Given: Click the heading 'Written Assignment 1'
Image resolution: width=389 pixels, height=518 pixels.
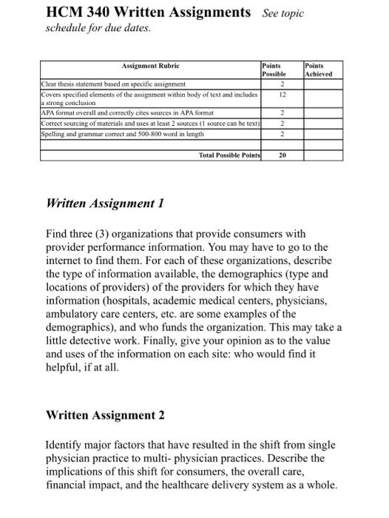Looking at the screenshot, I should [x=104, y=203].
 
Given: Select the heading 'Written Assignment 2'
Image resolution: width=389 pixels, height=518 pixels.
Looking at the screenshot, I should [x=105, y=414].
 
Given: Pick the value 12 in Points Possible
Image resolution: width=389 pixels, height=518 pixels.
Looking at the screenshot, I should [x=282, y=95].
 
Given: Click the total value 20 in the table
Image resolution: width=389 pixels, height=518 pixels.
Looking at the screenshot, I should [x=282, y=156].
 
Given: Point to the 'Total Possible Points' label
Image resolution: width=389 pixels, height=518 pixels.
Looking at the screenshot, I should [x=229, y=156].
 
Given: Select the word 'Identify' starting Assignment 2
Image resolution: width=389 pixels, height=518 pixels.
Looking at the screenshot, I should [x=67, y=445].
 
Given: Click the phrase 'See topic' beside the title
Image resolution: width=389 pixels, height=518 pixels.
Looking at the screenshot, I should [x=282, y=14].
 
